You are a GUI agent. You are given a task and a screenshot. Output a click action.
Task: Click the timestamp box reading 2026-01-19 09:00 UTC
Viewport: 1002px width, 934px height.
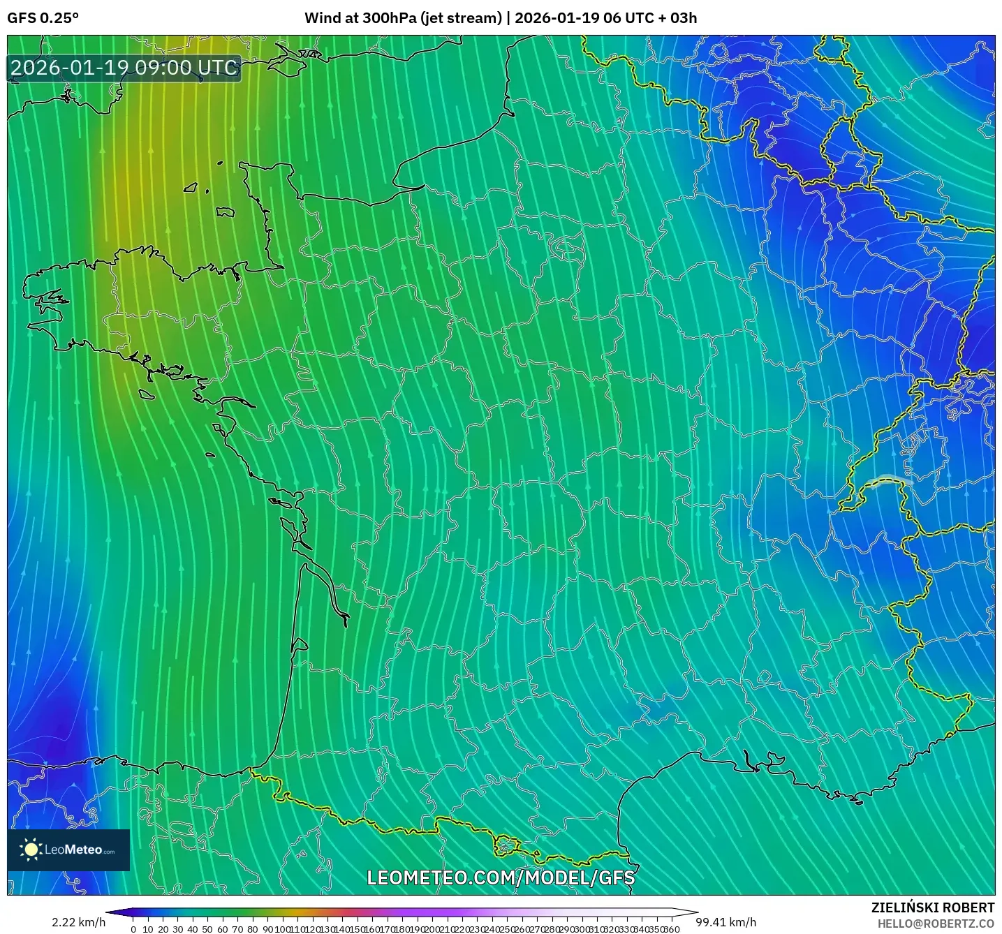[x=124, y=68]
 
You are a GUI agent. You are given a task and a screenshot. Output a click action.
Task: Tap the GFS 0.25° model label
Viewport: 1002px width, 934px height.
[x=43, y=18]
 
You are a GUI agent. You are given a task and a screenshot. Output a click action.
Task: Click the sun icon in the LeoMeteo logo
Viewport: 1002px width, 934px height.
[x=31, y=849]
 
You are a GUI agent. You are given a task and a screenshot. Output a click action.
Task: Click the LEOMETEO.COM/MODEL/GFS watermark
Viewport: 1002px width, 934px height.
[x=501, y=877]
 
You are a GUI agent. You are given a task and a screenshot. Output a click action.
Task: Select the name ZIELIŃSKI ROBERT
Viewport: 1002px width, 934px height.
[x=932, y=907]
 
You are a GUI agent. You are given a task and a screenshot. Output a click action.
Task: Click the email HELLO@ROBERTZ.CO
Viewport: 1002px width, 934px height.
[x=936, y=924]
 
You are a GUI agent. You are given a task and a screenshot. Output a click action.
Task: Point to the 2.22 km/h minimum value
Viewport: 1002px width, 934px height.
[x=78, y=922]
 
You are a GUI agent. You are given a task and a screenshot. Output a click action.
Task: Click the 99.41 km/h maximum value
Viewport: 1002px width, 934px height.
[x=725, y=922]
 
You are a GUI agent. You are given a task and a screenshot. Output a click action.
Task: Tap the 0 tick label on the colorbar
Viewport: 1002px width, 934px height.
[x=133, y=929]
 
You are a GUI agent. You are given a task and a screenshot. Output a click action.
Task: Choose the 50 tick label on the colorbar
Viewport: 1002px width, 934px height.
[x=207, y=929]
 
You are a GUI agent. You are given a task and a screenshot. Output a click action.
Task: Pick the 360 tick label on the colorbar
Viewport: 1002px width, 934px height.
[x=671, y=929]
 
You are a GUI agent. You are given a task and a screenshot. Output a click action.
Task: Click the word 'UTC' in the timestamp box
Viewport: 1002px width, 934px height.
[x=218, y=68]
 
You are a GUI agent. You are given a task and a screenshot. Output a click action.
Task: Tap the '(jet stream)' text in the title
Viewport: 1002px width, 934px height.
[x=461, y=18]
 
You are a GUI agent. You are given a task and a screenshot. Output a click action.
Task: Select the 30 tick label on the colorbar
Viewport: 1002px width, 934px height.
[x=178, y=929]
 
